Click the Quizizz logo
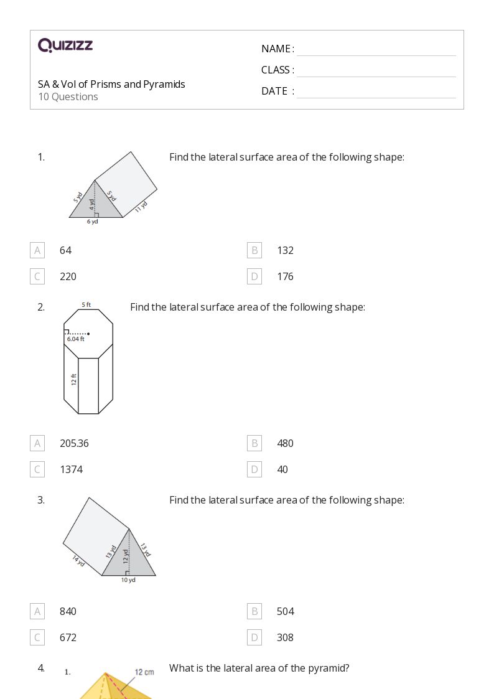pos(65,45)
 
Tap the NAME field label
pos(277,49)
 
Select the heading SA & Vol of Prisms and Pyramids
pos(111,84)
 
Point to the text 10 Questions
pos(68,96)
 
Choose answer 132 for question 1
pos(285,250)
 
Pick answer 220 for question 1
pos(68,276)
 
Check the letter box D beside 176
pos(254,276)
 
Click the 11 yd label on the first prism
pos(141,207)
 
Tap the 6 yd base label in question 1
pos(92,222)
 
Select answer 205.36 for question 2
pos(74,443)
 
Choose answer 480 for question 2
pos(285,443)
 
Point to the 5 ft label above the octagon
pos(86,305)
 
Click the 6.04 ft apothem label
pos(75,339)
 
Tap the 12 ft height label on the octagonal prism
pos(74,379)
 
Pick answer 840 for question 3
pos(68,611)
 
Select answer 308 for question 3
pos(285,637)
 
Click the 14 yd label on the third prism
pos(78,560)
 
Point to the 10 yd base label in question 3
pos(128,580)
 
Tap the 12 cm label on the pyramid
pos(144,672)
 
